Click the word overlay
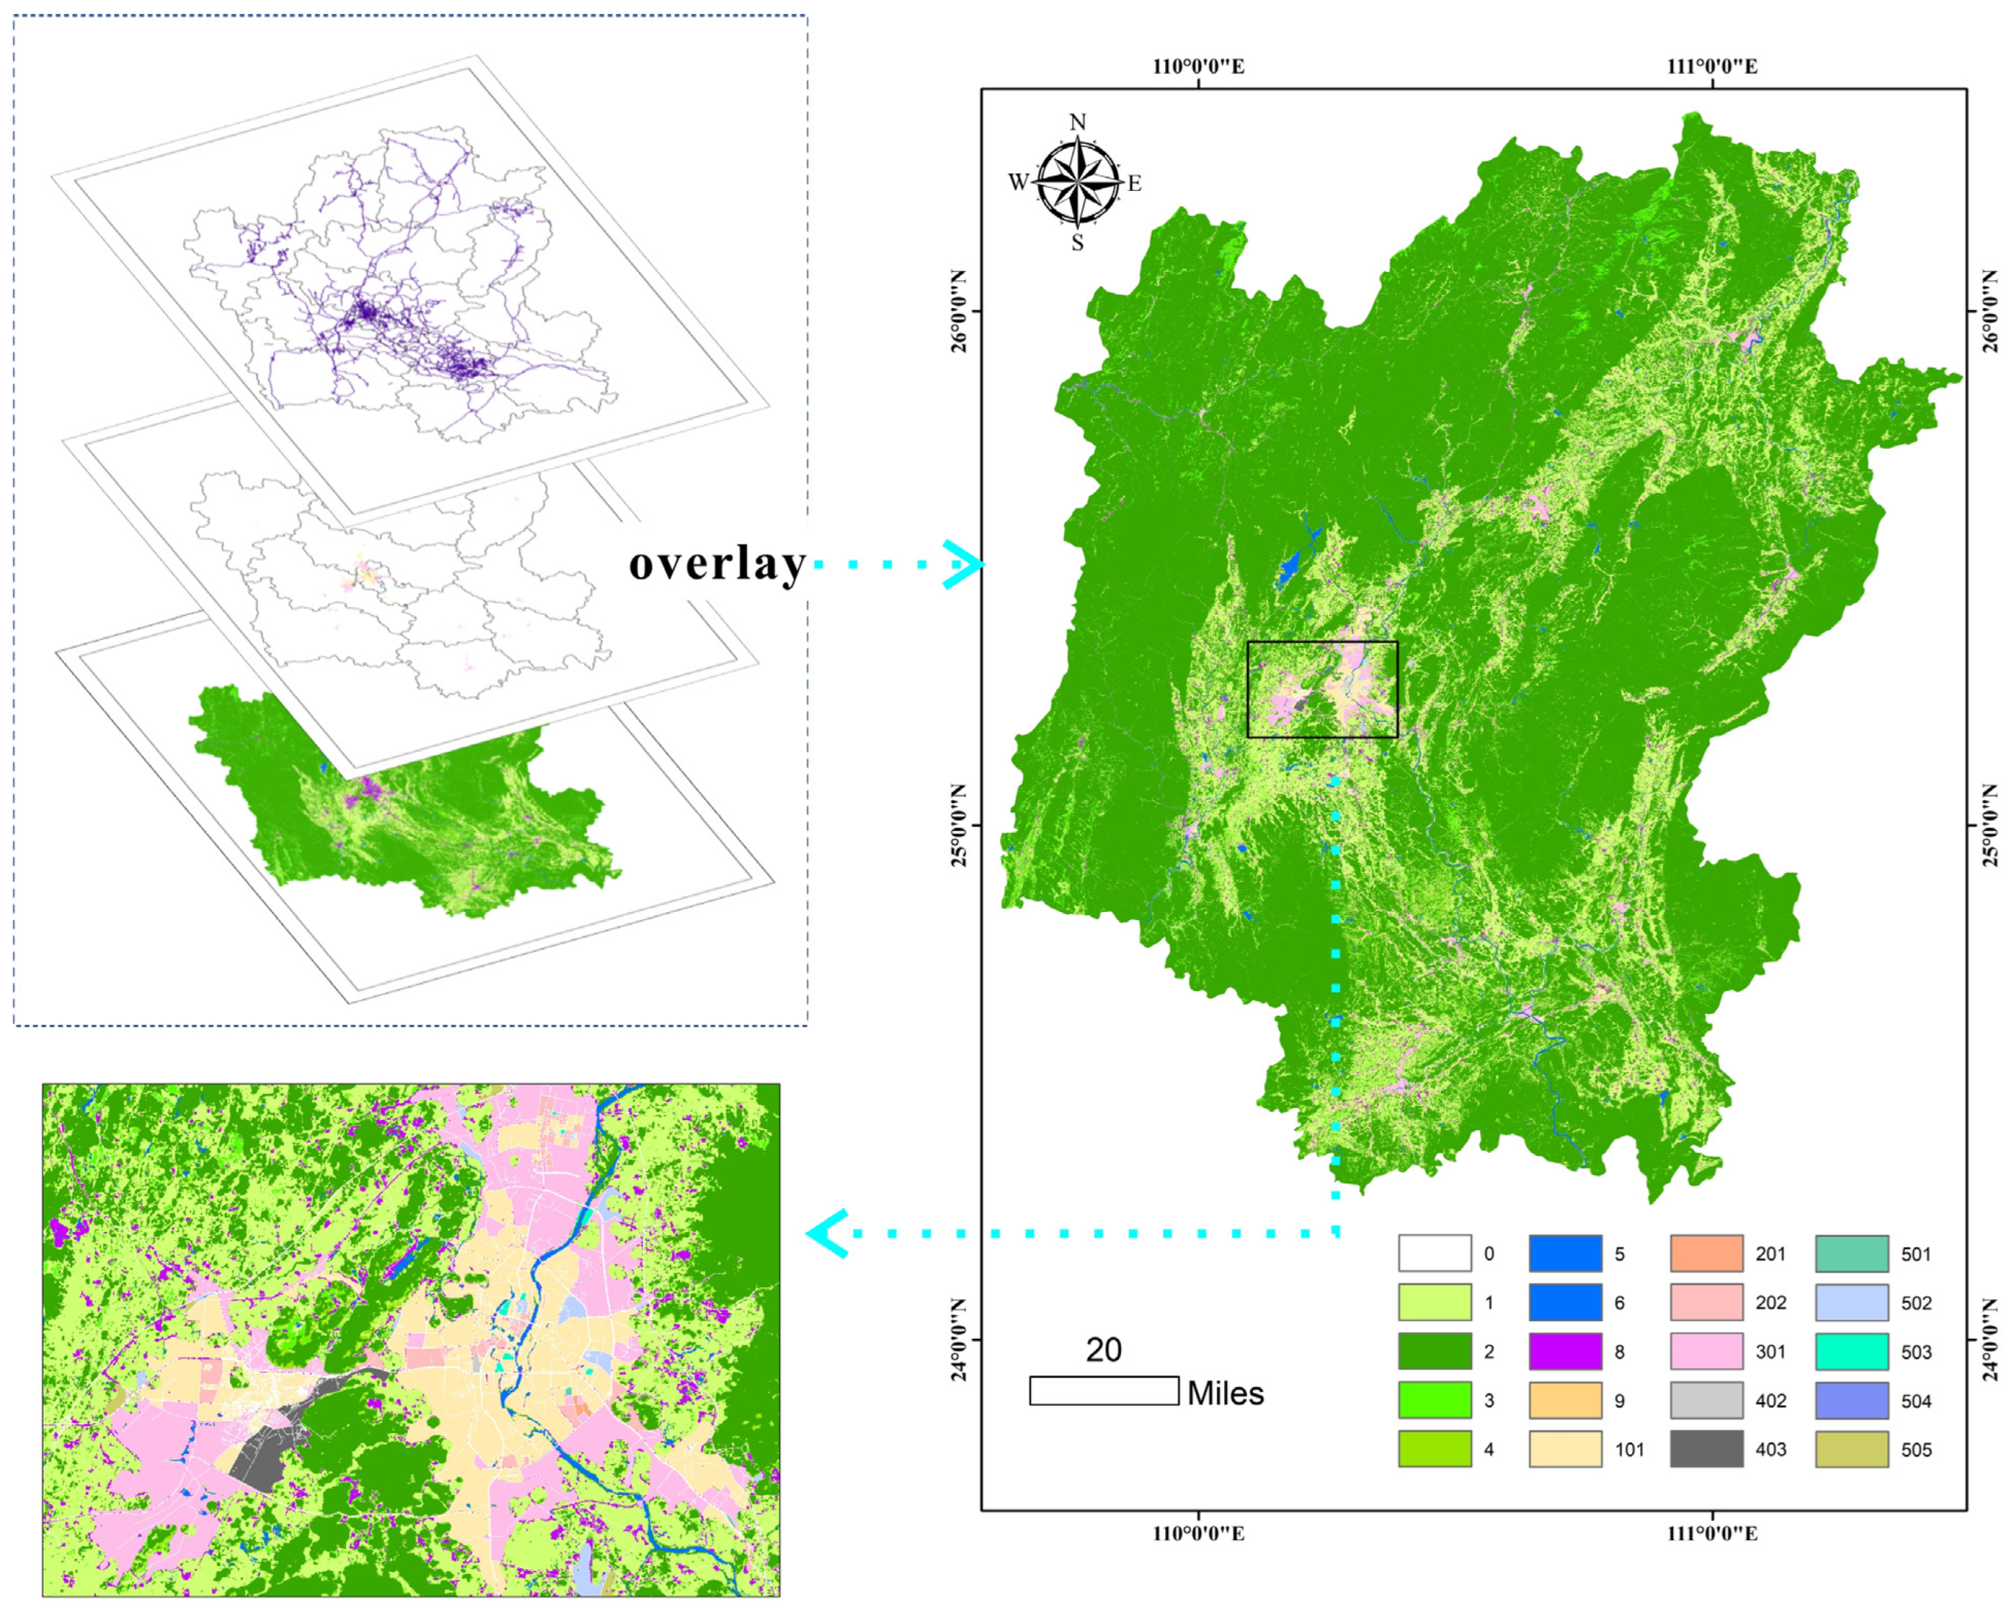coord(717,564)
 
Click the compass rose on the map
coord(1078,182)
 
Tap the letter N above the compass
coord(1078,122)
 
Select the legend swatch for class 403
coord(1706,1449)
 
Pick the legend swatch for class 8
coord(1565,1351)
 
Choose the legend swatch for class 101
coord(1565,1449)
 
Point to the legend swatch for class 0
coord(1434,1253)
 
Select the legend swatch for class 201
coord(1706,1253)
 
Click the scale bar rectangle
coord(1103,1390)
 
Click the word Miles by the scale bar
coord(1226,1393)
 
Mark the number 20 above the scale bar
coord(1103,1350)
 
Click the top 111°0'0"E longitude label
coord(1712,66)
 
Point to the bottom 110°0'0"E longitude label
coord(1198,1533)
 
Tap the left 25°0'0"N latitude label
coord(959,826)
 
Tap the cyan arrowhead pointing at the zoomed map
coord(827,1233)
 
